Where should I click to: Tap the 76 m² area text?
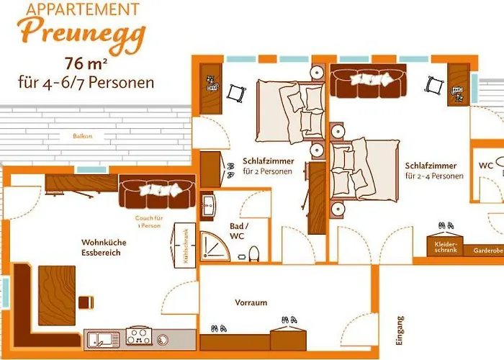(x=86, y=63)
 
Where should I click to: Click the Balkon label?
(x=83, y=136)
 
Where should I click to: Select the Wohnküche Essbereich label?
(x=104, y=247)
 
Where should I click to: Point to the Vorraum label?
(x=251, y=302)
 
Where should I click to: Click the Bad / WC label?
(x=238, y=231)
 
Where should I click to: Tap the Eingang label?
(x=399, y=330)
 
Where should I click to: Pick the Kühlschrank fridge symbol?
(x=184, y=246)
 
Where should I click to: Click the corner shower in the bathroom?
(x=215, y=246)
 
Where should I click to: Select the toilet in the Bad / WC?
(x=253, y=253)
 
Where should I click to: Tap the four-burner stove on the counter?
(x=139, y=336)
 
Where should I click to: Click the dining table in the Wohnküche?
(x=57, y=295)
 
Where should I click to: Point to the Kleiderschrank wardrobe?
(x=445, y=246)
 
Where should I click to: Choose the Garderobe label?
(x=488, y=251)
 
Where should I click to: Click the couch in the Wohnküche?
(x=157, y=192)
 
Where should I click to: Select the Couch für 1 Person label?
(x=149, y=222)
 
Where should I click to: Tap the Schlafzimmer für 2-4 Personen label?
(x=434, y=171)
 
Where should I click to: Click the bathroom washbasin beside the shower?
(x=207, y=206)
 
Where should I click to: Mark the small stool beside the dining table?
(x=86, y=302)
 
